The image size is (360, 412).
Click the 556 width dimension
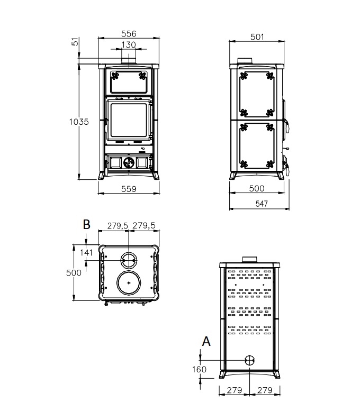[x=129, y=34]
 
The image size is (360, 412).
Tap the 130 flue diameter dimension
[x=129, y=44]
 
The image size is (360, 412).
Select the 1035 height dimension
[x=79, y=122]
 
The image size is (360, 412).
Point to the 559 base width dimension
[x=129, y=189]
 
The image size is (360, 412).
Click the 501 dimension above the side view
[x=257, y=37]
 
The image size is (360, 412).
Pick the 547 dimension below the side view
[x=262, y=204]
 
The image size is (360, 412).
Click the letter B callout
[x=86, y=225]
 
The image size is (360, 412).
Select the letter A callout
[x=206, y=341]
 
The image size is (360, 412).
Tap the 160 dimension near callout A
[x=199, y=370]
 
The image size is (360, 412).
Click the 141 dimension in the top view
[x=86, y=252]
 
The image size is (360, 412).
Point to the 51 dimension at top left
[x=75, y=41]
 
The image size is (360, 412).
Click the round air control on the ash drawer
[x=129, y=163]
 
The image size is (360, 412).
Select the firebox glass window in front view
[x=129, y=120]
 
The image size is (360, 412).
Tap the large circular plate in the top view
[x=129, y=283]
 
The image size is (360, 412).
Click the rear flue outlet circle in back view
[x=249, y=360]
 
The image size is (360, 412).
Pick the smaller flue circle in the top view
[x=129, y=260]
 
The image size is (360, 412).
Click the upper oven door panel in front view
[x=129, y=82]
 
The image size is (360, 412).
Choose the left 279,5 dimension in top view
[x=118, y=226]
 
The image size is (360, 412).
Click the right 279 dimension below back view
[x=265, y=390]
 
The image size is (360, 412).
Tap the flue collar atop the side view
[x=245, y=61]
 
